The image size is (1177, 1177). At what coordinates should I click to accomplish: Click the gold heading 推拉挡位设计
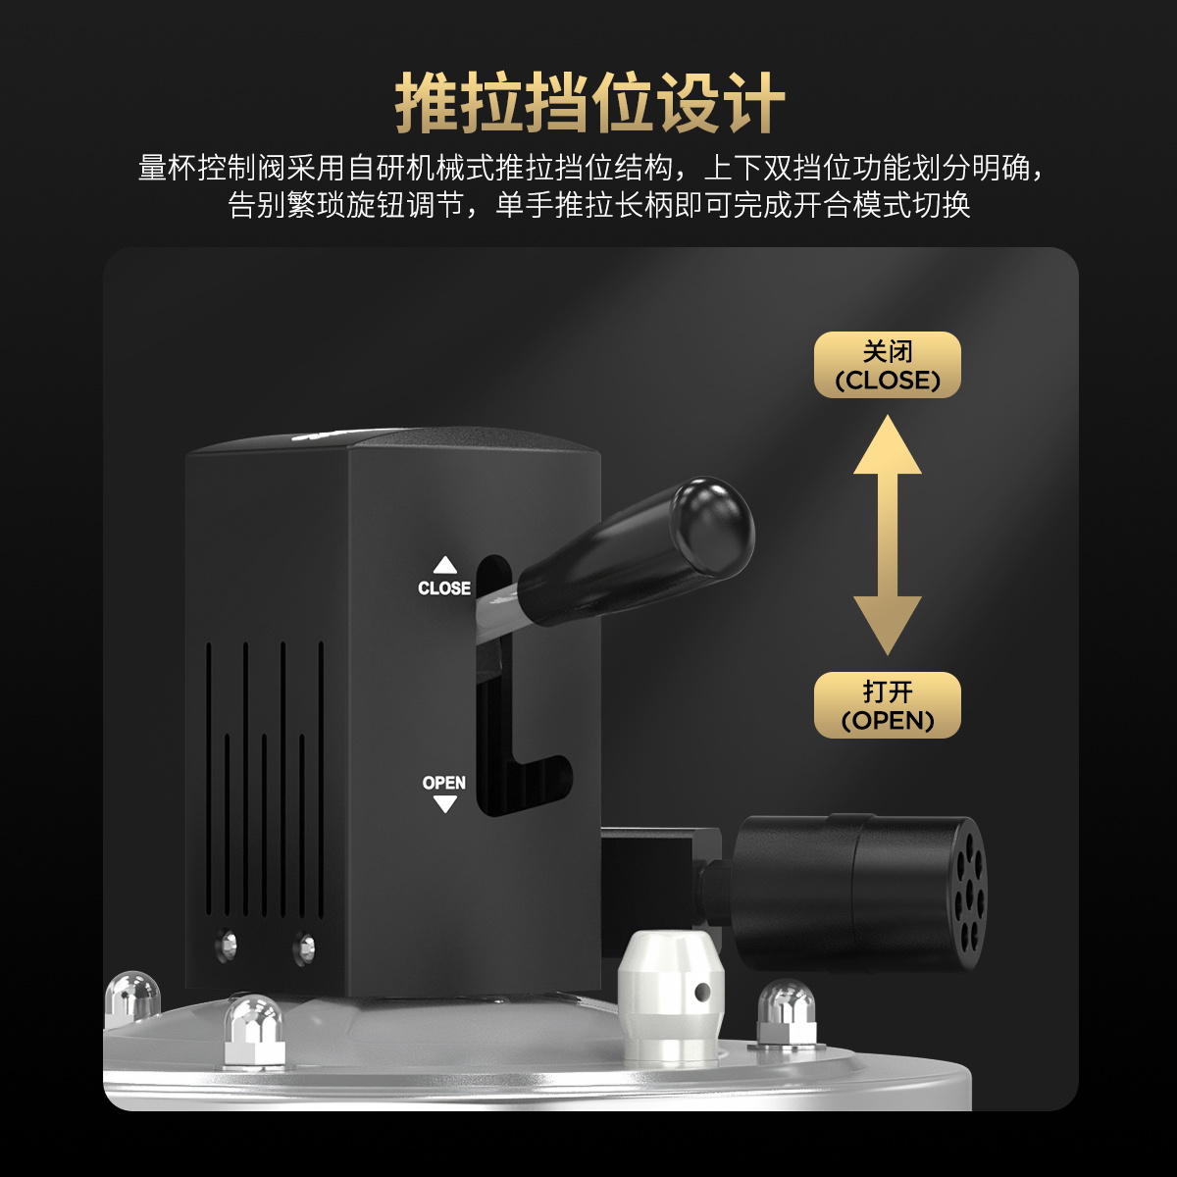tap(589, 103)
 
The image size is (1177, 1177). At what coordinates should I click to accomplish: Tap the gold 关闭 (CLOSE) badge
tap(887, 365)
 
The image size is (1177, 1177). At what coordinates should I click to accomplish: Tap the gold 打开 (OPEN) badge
tap(887, 705)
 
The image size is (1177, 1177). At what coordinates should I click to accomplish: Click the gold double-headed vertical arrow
tap(887, 536)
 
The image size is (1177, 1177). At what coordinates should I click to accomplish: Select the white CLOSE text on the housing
tap(444, 588)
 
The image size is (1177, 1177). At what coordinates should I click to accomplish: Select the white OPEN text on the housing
tap(444, 783)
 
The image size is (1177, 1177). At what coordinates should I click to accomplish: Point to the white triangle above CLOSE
tap(444, 565)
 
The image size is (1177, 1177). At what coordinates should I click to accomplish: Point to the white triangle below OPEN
tap(444, 804)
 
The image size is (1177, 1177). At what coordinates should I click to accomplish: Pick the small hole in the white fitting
tap(702, 992)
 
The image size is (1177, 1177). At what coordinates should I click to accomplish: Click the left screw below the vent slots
tap(228, 946)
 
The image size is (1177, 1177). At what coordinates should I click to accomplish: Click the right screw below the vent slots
tap(303, 947)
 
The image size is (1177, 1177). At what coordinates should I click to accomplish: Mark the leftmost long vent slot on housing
tap(208, 780)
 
